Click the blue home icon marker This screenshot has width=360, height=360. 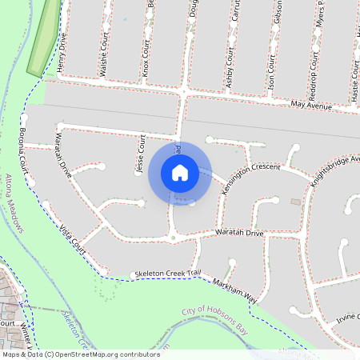point(180,173)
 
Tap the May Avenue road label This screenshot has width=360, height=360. point(311,105)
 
